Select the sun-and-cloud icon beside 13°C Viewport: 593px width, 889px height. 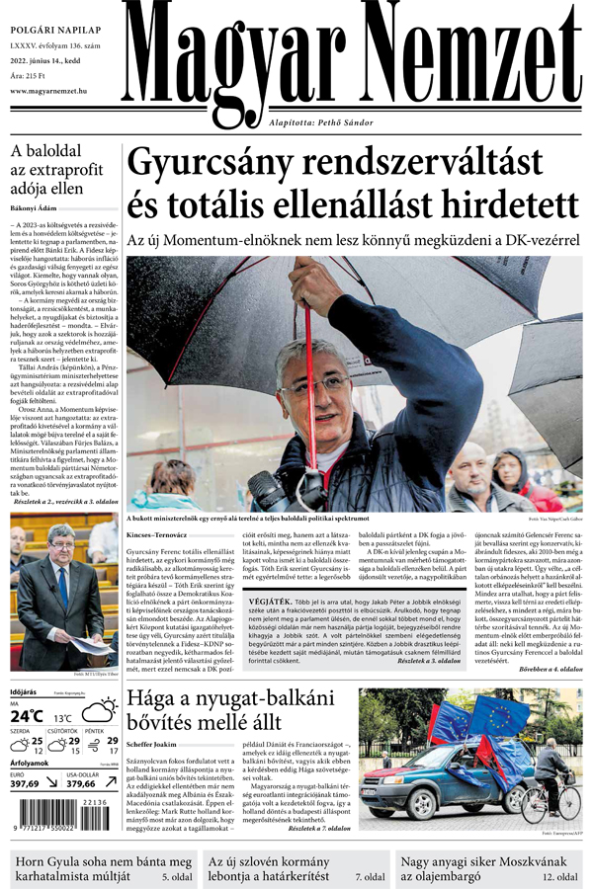(x=98, y=713)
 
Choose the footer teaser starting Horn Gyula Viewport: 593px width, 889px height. (x=99, y=868)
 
